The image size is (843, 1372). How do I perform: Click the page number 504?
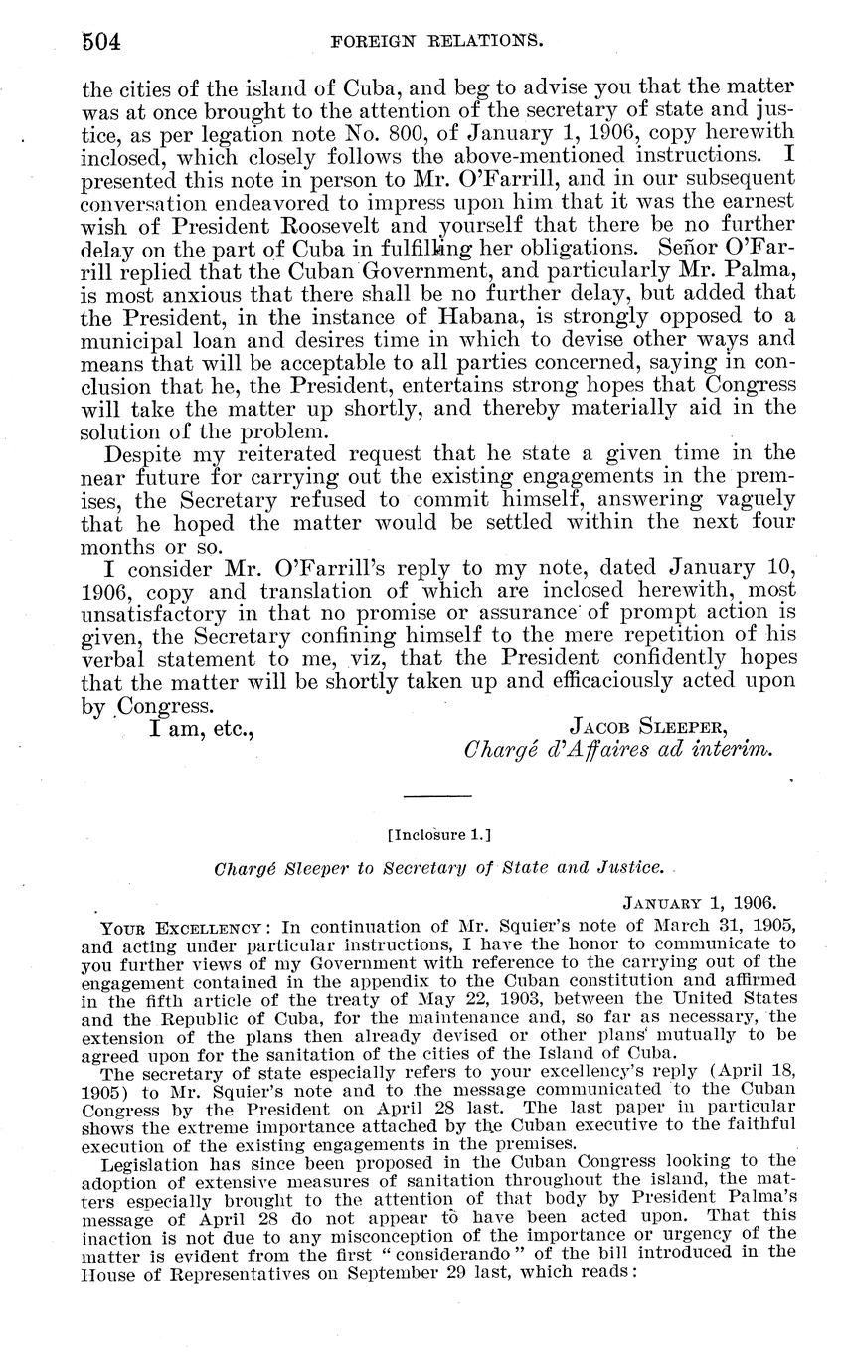click(x=100, y=41)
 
